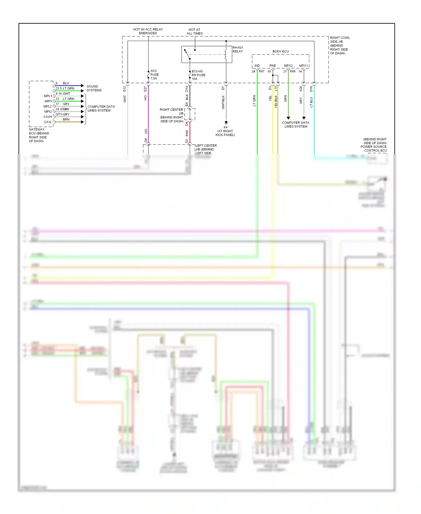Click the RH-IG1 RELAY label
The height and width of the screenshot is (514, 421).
237,49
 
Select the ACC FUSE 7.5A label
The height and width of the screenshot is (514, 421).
154,75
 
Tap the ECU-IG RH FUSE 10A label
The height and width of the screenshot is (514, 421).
198,75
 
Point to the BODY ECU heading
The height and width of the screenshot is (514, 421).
280,51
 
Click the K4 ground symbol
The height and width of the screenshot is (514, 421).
226,123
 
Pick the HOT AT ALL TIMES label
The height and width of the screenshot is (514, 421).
195,31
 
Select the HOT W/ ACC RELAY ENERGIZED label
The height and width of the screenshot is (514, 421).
148,31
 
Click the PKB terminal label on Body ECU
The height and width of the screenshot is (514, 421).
273,66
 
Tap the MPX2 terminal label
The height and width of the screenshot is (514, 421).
288,66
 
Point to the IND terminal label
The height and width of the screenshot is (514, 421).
257,66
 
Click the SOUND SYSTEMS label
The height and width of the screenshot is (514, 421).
94,88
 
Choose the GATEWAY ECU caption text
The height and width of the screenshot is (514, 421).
39,135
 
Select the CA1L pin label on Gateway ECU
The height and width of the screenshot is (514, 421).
47,122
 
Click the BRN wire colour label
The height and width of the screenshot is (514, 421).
66,120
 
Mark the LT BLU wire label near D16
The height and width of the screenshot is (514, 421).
311,102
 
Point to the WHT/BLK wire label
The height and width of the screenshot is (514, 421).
223,102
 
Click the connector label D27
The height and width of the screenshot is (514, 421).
145,89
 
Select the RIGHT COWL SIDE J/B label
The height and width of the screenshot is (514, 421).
340,45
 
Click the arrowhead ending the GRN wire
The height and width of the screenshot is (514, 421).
288,118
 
